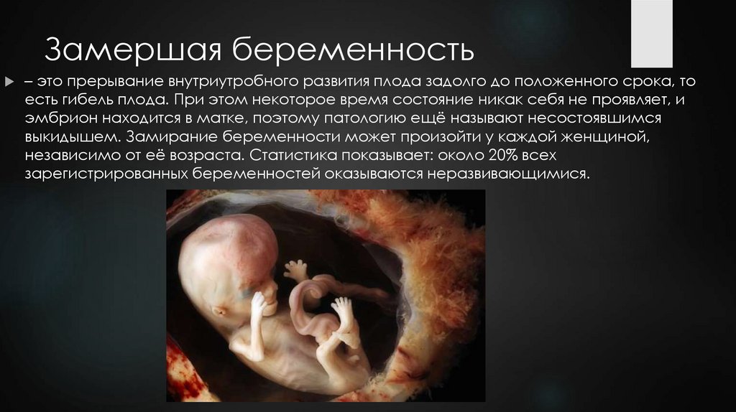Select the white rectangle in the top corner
click(x=651, y=34)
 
